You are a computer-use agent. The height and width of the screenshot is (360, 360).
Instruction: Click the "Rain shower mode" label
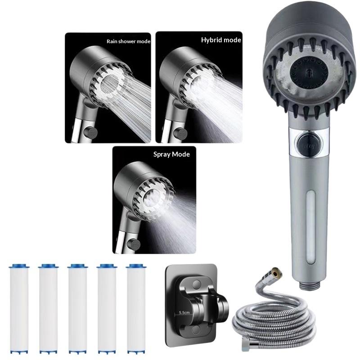pos(128,41)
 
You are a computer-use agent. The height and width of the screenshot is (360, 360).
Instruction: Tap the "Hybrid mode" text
pos(221,40)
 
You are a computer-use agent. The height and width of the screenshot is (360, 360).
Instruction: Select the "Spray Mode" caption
pos(171,154)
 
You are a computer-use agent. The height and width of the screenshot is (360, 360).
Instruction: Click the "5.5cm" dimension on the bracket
pos(184,312)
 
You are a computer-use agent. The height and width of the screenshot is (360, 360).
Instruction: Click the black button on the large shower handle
pos(309,144)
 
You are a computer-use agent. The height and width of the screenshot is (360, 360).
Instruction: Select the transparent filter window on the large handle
pos(311,225)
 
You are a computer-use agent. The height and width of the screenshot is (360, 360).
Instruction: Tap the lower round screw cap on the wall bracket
pos(196,330)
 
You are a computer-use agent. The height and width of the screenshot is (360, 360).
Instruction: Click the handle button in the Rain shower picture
pos(91,133)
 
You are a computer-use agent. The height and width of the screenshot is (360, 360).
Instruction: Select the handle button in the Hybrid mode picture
pos(180,134)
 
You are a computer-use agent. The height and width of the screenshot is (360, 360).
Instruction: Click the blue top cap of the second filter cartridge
pos(48,266)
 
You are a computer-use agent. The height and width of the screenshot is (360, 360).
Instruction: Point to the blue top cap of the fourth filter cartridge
pos(107,266)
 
